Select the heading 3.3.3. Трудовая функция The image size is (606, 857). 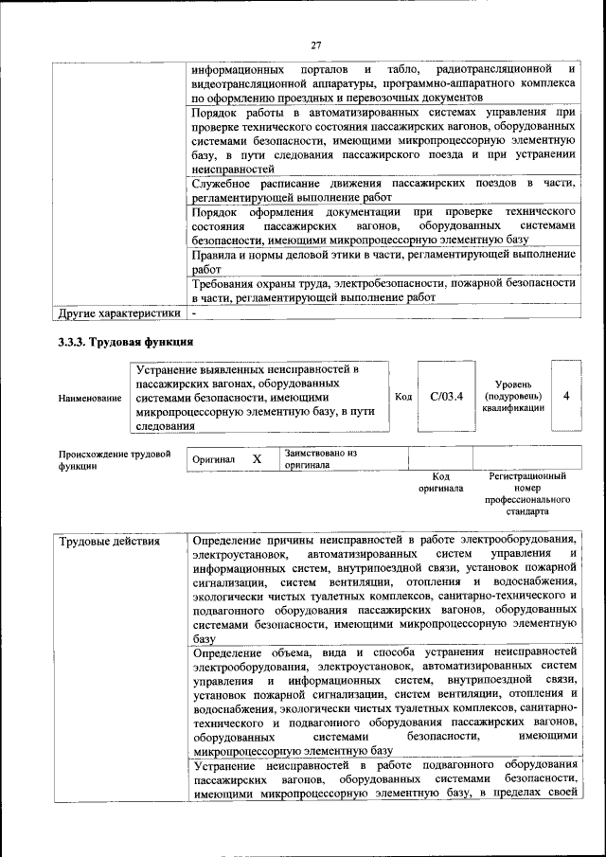click(125, 342)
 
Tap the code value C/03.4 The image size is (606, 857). click(445, 397)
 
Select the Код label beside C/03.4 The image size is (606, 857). click(402, 397)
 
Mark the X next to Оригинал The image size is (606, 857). click(257, 458)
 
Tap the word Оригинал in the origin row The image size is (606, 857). click(213, 459)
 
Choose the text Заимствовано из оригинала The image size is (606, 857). click(320, 459)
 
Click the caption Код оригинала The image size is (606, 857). click(440, 483)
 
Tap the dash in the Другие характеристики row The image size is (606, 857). click(194, 312)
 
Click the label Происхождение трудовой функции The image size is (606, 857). click(115, 459)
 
